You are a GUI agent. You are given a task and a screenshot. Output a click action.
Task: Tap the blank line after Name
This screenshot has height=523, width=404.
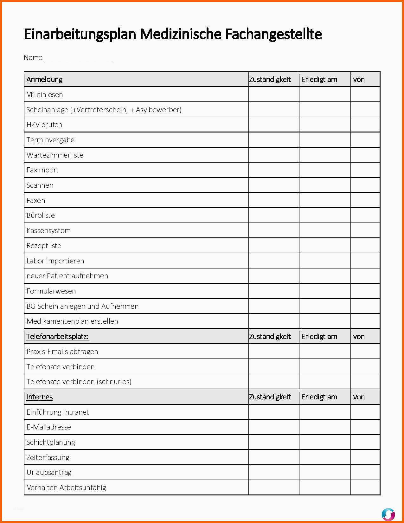[78, 59]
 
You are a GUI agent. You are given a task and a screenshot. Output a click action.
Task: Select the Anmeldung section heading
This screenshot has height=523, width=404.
[44, 79]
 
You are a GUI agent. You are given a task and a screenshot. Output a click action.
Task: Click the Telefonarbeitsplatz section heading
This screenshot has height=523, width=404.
[57, 336]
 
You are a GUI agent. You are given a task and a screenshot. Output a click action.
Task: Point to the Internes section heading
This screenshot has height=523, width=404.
[39, 397]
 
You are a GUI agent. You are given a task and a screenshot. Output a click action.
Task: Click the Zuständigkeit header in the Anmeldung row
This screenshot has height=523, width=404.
[270, 79]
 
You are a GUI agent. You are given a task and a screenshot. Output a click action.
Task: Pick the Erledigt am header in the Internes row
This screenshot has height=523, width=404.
[319, 397]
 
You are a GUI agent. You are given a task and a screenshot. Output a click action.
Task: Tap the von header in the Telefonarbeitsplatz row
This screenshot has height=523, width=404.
[359, 336]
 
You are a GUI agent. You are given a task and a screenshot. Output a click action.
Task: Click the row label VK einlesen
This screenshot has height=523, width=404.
[45, 94]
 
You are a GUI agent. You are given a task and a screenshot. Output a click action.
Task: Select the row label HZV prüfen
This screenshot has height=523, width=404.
[44, 125]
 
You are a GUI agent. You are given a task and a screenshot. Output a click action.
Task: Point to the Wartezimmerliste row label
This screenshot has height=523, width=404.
[55, 155]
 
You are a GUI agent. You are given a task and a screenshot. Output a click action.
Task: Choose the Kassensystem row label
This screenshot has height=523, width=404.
[48, 230]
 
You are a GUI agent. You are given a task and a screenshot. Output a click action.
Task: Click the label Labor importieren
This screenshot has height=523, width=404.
[55, 261]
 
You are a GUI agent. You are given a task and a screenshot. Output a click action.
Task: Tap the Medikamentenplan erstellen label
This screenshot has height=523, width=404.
[72, 321]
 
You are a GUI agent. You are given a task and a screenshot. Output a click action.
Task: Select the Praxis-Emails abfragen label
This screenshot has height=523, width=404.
[62, 352]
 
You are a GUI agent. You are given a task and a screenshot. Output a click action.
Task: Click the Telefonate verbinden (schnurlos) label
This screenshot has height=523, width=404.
[79, 382]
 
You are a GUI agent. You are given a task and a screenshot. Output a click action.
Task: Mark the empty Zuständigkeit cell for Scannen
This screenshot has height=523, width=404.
[274, 185]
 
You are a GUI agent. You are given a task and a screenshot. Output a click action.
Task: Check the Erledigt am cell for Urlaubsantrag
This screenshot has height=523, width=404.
[325, 472]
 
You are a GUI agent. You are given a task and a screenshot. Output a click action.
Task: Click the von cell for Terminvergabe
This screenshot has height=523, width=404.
[365, 140]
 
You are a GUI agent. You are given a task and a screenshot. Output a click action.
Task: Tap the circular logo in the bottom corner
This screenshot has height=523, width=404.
[388, 514]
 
